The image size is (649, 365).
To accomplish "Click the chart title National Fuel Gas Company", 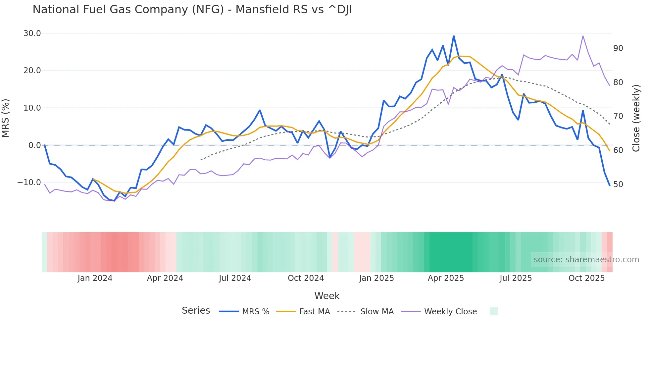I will pos(192,9).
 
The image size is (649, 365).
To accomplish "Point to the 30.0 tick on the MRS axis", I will pos(32,33).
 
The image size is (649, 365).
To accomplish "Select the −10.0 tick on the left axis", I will pos(29,182).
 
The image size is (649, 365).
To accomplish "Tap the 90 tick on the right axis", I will pos(618,48).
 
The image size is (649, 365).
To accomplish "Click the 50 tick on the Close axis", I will pos(618,184).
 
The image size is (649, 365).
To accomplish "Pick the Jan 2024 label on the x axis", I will pos(95,278).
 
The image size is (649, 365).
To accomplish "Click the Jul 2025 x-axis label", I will pos(516,278).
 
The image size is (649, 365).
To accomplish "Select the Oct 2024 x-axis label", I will pos(306,278).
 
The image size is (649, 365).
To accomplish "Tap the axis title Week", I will pos(327,296).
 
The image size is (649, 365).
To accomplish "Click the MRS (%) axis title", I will pos(6,118).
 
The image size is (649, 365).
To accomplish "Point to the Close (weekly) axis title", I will pos(636,118).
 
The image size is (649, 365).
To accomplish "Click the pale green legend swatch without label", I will pos(493,311).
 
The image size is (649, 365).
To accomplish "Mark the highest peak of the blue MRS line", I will pos(454,36).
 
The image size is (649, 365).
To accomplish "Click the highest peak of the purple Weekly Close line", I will pos(583,36).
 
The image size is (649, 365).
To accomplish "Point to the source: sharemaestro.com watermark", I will pos(586,260).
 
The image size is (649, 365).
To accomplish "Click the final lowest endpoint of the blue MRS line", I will pos(610,185).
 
